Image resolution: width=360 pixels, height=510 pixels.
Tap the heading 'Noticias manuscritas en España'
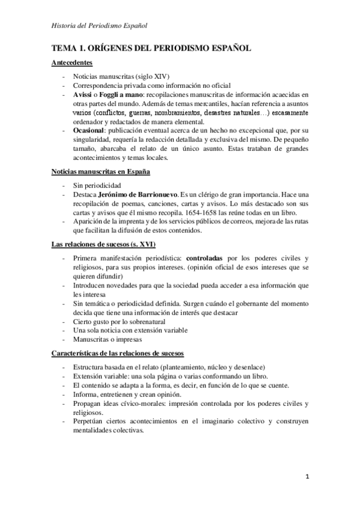101,171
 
